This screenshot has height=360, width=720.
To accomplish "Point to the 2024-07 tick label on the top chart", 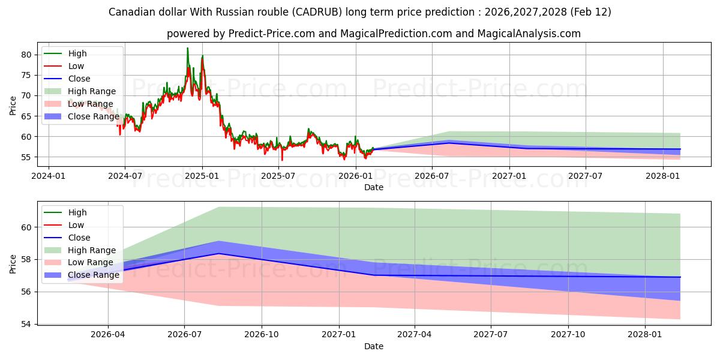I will click(125, 176).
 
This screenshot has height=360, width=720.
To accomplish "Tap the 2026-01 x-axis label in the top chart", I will click(356, 176).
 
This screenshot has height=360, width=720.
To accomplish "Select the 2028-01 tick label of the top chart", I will click(663, 176).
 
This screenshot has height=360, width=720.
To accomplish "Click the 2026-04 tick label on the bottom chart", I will click(108, 335).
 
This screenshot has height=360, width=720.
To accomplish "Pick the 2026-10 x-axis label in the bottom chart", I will click(262, 335).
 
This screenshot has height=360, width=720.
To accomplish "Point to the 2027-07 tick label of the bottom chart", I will click(491, 335).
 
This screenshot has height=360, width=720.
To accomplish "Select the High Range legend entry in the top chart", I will click(92, 91).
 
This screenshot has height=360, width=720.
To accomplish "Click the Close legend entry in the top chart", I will click(79, 79).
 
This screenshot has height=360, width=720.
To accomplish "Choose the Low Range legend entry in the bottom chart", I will click(90, 262).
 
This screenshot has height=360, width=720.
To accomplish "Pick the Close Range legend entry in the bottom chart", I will click(94, 275).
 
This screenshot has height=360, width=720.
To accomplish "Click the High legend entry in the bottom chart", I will click(77, 212).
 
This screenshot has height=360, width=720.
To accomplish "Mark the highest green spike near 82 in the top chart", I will click(187, 48).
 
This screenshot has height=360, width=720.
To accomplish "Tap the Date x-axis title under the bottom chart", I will click(373, 346).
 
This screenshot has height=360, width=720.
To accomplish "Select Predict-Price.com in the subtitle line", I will click(272, 34).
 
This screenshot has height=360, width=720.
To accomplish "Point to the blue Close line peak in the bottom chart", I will click(218, 253).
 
